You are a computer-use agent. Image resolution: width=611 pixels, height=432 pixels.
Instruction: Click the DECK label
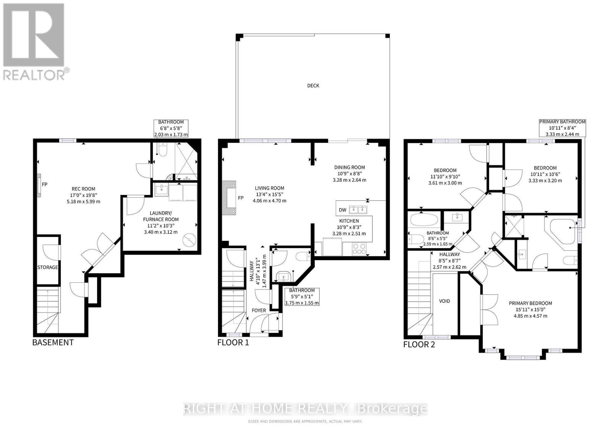click(x=313, y=85)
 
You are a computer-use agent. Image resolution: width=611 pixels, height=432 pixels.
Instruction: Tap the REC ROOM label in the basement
click(x=83, y=189)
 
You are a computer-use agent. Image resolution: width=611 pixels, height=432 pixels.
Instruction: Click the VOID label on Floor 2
click(x=445, y=301)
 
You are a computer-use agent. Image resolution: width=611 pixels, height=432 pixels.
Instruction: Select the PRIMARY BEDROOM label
click(x=530, y=303)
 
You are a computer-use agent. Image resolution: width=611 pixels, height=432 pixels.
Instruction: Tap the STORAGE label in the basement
click(x=47, y=268)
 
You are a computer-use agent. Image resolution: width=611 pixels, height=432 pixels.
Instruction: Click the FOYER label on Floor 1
click(x=259, y=310)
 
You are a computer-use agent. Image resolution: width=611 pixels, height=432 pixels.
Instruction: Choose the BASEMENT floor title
click(x=53, y=342)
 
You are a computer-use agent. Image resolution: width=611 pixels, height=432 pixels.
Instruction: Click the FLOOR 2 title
click(x=419, y=345)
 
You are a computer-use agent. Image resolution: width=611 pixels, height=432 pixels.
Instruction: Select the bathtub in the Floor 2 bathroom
click(x=424, y=221)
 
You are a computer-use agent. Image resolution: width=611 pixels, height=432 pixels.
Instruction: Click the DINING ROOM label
click(x=349, y=167)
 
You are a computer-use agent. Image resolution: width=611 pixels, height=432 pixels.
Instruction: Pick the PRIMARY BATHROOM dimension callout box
click(x=562, y=128)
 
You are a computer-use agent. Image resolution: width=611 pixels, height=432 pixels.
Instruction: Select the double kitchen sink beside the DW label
click(x=358, y=209)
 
